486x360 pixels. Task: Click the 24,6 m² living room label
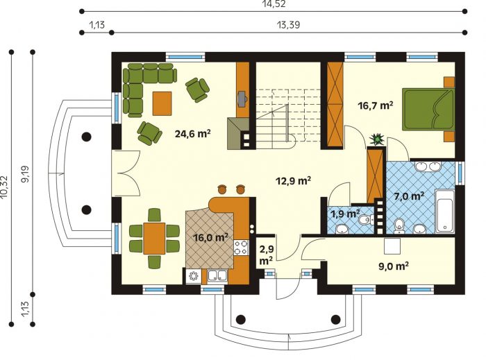point(193,134)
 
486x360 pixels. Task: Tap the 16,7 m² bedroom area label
point(376,105)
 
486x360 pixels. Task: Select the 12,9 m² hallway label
point(293,180)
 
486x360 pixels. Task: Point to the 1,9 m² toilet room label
point(345,214)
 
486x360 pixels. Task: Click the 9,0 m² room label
point(394,266)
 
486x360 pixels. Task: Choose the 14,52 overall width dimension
point(273,4)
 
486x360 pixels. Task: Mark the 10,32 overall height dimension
point(4,187)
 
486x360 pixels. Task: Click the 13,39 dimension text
point(289,25)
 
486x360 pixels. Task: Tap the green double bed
point(428,110)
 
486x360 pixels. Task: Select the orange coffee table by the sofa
point(162,103)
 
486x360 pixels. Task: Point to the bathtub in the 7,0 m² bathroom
point(445,212)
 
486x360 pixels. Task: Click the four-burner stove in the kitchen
point(241,248)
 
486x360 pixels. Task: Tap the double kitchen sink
point(218,276)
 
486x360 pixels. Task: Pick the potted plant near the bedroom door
point(377,139)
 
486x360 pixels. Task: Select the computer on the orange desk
point(242,98)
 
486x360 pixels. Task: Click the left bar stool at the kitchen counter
point(222,189)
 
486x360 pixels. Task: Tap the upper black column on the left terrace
point(86,136)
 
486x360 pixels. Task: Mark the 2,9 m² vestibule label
point(266,255)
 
